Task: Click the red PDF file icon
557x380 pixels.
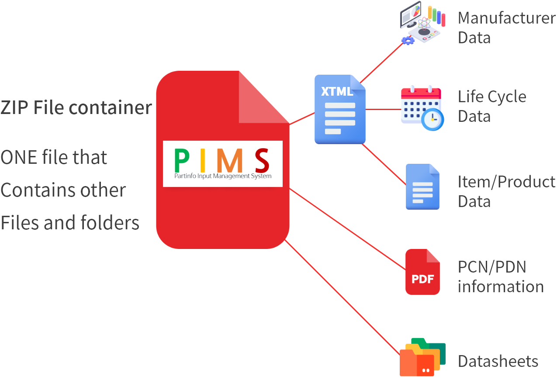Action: pos(422,272)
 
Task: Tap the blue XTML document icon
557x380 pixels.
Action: pos(340,110)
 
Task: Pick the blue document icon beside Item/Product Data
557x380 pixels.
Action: pos(422,187)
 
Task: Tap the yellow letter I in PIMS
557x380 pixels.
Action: pos(203,161)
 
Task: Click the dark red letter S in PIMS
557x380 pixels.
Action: pos(262,161)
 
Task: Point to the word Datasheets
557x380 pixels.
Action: pos(498,362)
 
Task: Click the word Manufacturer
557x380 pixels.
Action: pos(506,18)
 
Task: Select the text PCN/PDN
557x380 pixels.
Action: pos(492,267)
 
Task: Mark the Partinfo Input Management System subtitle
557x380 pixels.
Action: pos(223,176)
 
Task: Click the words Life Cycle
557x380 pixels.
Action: pos(492,97)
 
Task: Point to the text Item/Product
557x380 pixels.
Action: pos(506,182)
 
